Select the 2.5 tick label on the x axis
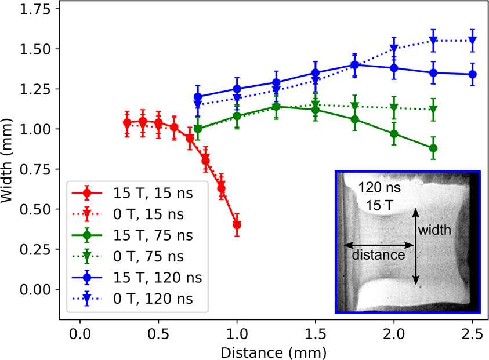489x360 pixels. coord(472,335)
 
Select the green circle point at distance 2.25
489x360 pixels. coord(433,148)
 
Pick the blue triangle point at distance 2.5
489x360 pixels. coord(472,41)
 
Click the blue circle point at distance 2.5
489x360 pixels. coord(472,74)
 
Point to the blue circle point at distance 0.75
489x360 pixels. coord(198,97)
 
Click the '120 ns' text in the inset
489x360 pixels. coord(377,188)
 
